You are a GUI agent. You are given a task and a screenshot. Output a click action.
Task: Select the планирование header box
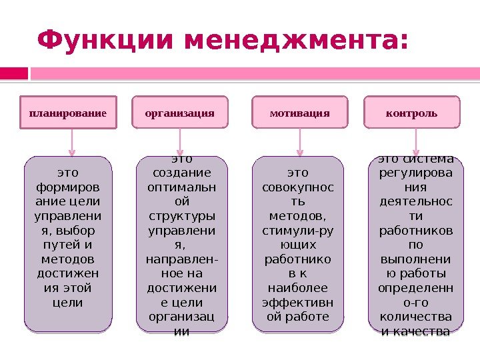(68, 113)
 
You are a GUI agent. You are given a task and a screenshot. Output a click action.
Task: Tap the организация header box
(180, 113)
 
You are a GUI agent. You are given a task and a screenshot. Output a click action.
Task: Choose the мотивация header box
(300, 113)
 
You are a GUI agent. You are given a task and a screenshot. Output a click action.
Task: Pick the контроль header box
(412, 113)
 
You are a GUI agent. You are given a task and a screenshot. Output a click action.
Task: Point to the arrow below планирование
(72, 142)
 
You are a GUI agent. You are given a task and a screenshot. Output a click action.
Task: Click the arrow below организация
(181, 142)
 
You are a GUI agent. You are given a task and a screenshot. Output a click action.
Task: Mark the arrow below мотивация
(301, 142)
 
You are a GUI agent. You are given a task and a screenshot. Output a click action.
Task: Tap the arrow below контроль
(416, 142)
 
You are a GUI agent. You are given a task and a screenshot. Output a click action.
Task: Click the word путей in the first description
(67, 245)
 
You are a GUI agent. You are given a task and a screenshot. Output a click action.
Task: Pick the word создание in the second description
(181, 173)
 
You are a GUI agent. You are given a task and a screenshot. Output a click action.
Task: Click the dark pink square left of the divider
(14, 73)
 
